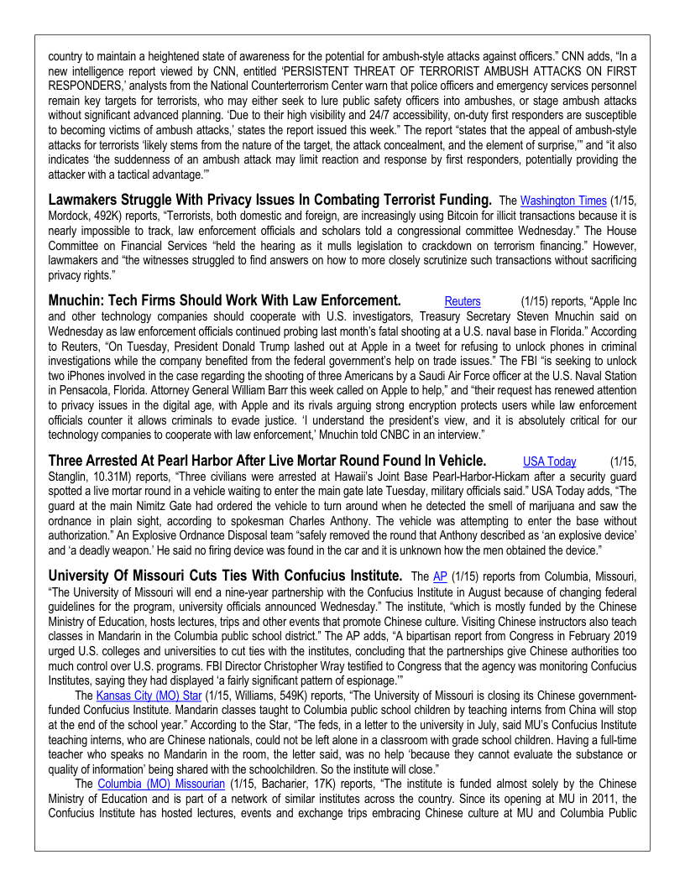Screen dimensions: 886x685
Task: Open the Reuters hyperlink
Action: tap(463, 301)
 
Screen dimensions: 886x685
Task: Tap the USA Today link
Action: tap(549, 461)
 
